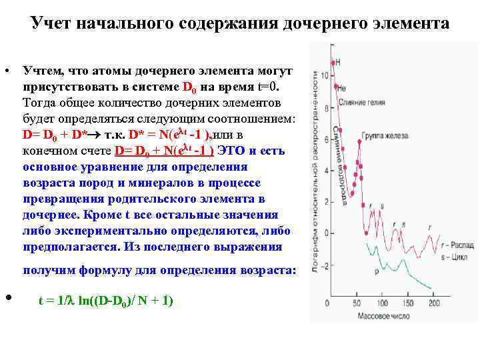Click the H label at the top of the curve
(x=338, y=62)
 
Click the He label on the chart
(x=341, y=87)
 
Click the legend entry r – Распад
(x=451, y=245)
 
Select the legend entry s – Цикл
(x=448, y=255)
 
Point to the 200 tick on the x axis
(x=433, y=303)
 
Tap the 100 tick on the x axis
(x=380, y=303)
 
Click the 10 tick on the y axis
(x=324, y=76)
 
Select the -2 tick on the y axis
(x=324, y=267)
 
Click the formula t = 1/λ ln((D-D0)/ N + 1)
(x=106, y=301)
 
